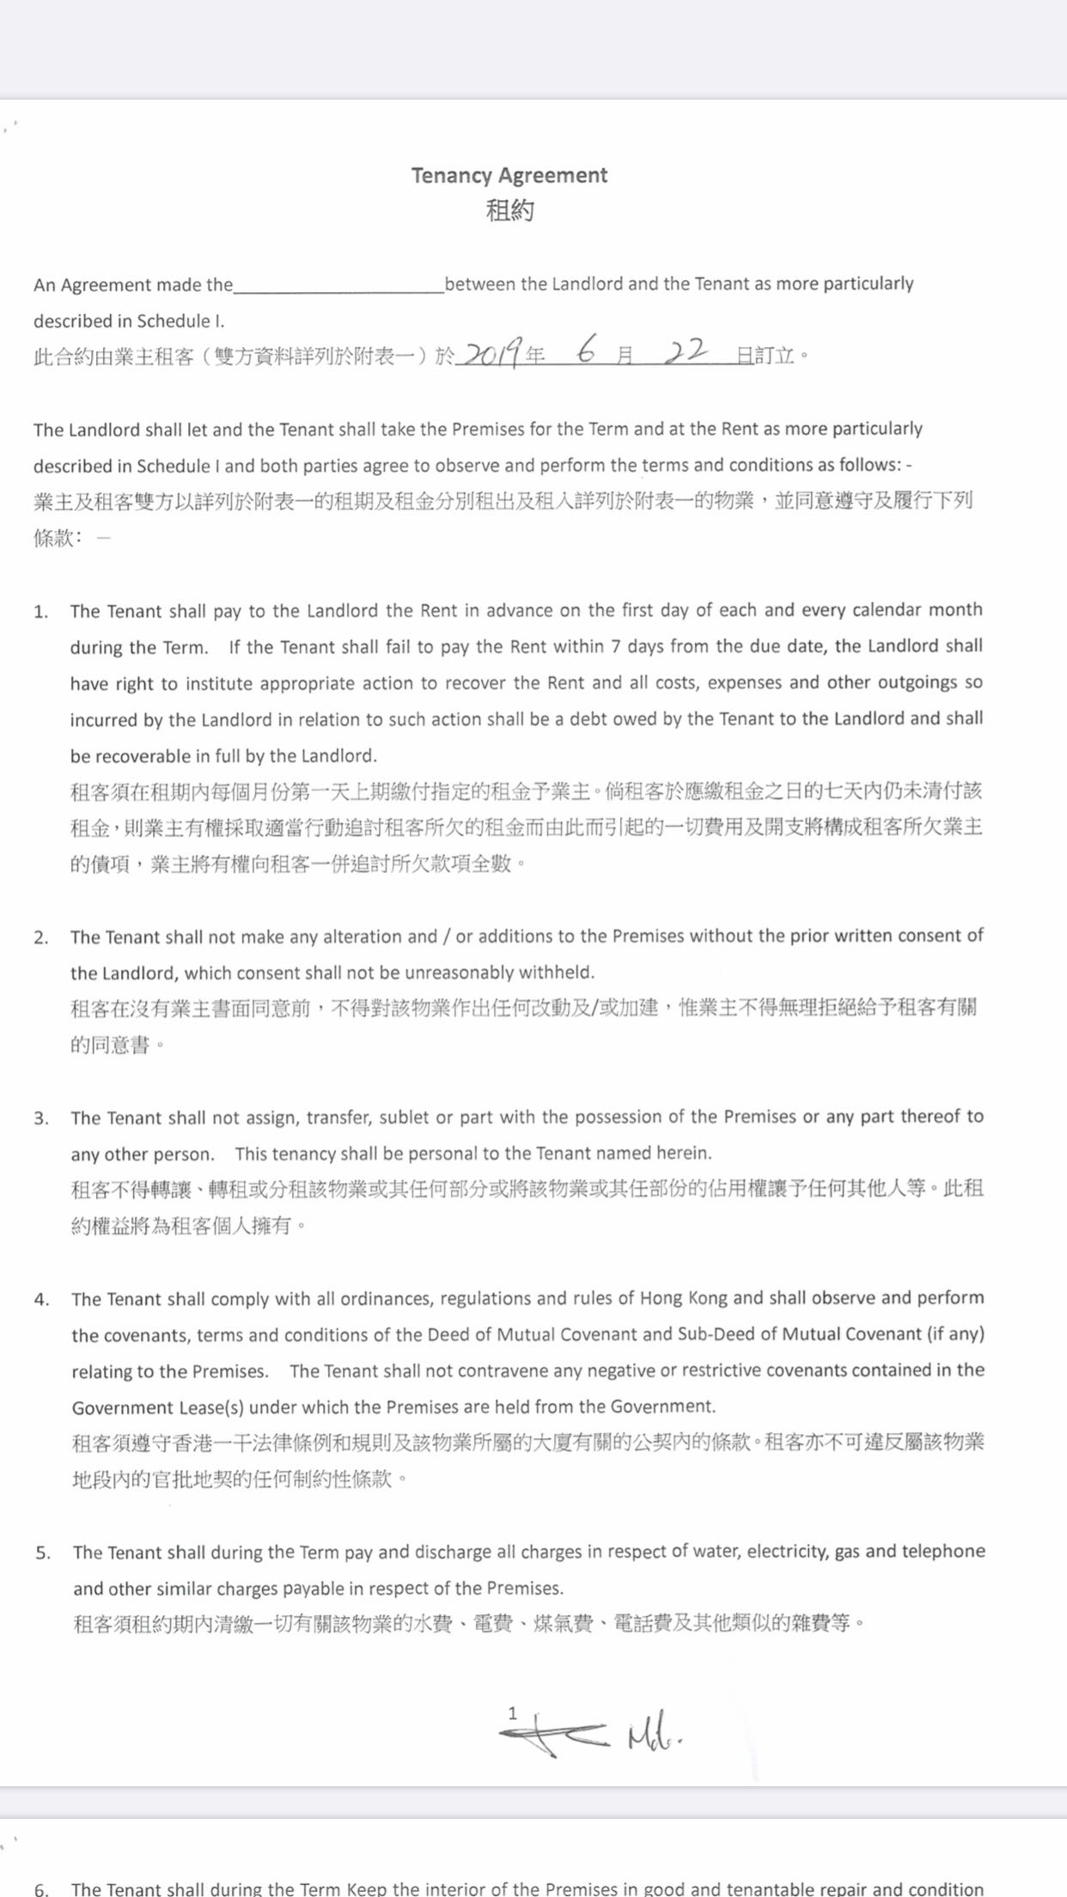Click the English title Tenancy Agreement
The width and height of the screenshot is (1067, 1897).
coord(509,175)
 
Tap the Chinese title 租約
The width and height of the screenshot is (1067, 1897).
coord(509,210)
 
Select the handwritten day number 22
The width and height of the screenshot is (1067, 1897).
coord(685,351)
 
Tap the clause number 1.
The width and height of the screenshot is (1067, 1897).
coord(40,612)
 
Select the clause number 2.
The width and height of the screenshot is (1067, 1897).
coord(40,937)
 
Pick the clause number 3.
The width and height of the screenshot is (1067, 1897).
coord(40,1119)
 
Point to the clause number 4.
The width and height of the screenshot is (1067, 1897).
coord(41,1300)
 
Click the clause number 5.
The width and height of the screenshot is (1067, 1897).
coord(42,1553)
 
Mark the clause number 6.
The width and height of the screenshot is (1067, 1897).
coord(41,1888)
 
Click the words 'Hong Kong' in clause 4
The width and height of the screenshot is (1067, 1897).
coord(684,1298)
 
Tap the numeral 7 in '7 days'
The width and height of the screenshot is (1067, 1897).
coord(616,646)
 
